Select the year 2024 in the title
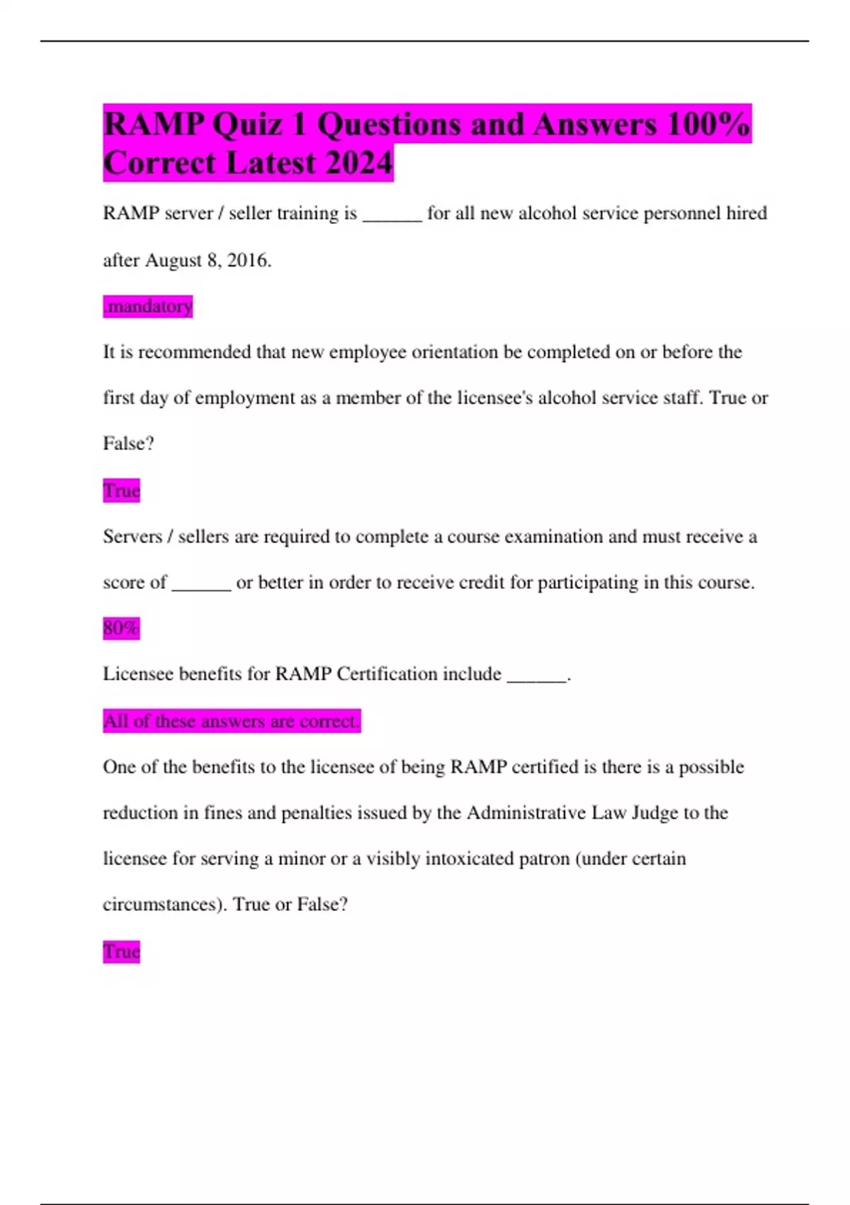click(x=359, y=163)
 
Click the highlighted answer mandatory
click(x=148, y=306)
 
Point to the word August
click(x=174, y=260)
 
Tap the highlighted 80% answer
click(x=121, y=628)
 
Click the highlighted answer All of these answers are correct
click(x=232, y=721)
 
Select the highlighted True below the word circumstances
click(x=121, y=951)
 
